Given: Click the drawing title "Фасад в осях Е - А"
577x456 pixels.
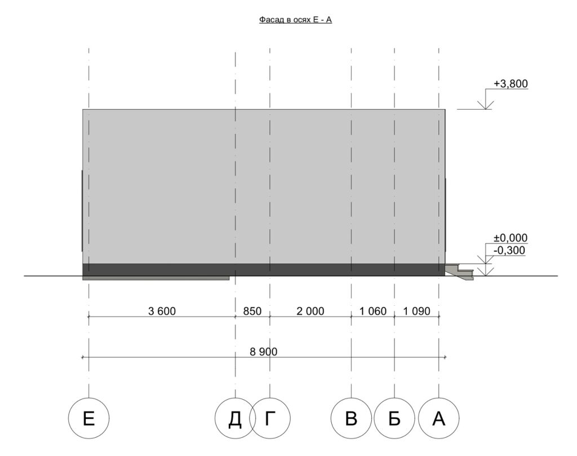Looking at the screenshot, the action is (x=295, y=20).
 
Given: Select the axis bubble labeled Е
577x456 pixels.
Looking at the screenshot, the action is (x=88, y=418).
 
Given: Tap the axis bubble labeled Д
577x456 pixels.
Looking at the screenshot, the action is (x=235, y=418).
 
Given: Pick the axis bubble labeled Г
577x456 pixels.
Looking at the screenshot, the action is (x=270, y=418).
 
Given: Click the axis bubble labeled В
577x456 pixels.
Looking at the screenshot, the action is (x=351, y=418).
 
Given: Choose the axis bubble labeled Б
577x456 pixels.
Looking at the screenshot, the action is (x=394, y=418).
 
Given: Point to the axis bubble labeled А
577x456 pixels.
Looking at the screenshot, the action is (x=438, y=418).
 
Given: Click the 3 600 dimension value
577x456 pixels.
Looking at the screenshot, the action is (x=162, y=311).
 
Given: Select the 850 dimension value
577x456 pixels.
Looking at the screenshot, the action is (x=252, y=311).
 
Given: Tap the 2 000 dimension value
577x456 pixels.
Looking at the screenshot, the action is (x=310, y=311).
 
